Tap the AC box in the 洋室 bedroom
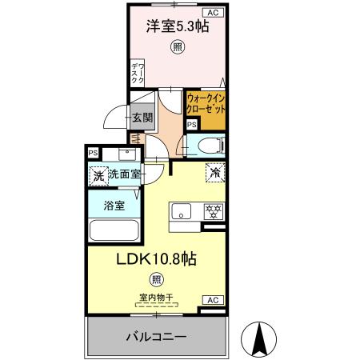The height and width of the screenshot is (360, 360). (213, 13)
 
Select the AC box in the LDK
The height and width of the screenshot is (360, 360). (213, 299)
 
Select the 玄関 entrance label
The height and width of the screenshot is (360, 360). (142, 118)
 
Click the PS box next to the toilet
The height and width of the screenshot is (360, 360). (190, 125)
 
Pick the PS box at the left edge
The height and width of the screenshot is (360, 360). (94, 153)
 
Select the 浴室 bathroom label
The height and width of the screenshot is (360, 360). (114, 206)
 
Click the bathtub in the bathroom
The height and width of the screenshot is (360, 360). (114, 231)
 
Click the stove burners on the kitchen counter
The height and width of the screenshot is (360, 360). (214, 212)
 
